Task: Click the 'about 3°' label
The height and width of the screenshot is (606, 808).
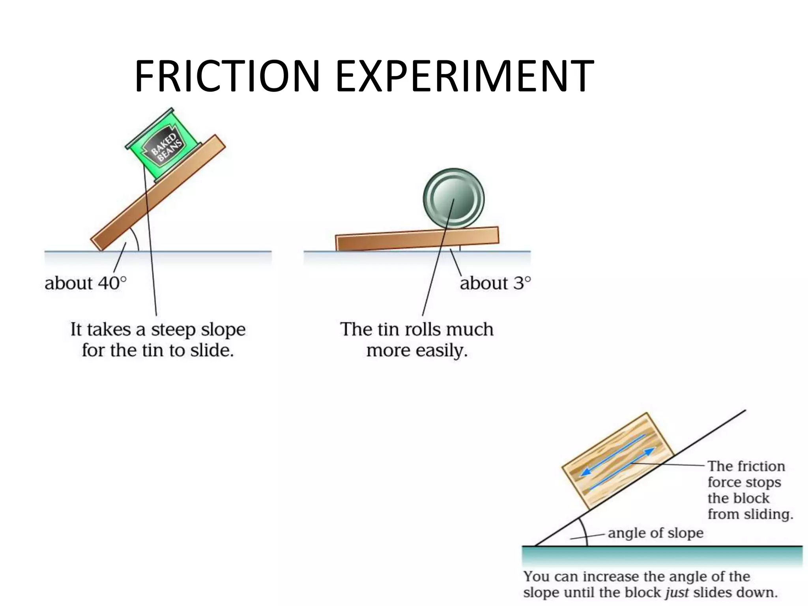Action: click(495, 283)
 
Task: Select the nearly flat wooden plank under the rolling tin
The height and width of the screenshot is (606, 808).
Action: click(395, 241)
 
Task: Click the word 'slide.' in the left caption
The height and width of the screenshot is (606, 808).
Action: click(212, 350)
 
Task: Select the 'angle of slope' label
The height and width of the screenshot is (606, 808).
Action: click(656, 533)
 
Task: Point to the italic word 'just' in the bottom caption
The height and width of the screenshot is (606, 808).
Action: click(677, 593)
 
